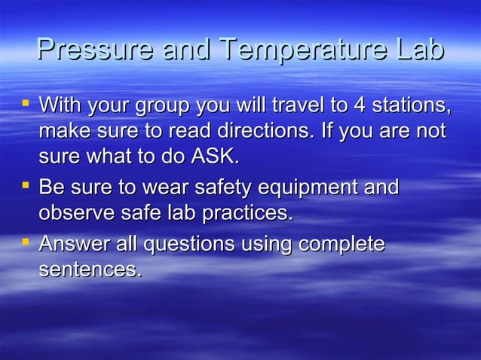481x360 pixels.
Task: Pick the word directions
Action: [257, 130]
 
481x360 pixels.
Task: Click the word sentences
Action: [90, 270]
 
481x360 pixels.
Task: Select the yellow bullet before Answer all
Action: [25, 241]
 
